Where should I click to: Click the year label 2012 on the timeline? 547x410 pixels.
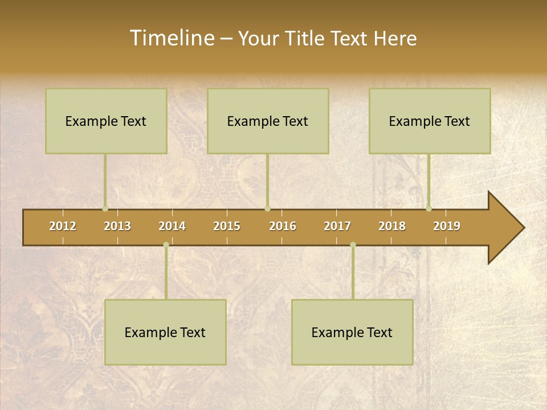63,226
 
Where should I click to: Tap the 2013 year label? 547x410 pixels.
117,226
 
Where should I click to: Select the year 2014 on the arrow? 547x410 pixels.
172,226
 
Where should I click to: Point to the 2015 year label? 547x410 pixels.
227,226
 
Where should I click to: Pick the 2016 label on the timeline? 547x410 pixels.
283,226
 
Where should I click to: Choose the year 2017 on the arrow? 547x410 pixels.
337,226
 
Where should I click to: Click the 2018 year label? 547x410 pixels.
392,226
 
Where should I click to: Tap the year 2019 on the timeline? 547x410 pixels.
447,226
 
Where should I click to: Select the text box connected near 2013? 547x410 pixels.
106,121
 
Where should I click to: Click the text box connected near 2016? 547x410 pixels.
268,121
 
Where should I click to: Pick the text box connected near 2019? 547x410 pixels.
430,121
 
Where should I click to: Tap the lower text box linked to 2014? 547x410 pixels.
165,332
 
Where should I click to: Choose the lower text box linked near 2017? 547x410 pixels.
352,332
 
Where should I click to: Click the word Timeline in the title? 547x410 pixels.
171,38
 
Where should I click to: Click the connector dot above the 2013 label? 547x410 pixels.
105,208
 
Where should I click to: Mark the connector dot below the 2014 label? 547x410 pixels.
166,245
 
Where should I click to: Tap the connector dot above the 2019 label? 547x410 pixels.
429,208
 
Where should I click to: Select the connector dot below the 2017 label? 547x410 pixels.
353,245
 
